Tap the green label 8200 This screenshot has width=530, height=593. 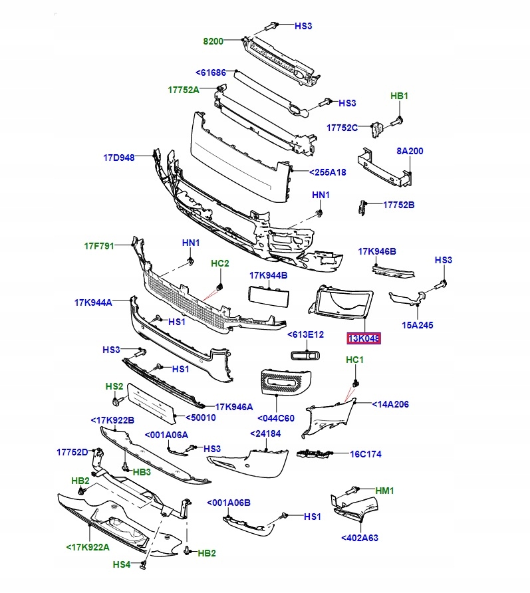213,41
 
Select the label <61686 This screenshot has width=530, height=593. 211,72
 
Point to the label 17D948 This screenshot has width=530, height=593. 119,158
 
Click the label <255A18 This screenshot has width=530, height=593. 328,173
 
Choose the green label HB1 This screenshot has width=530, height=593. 399,96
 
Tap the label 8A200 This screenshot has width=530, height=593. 410,152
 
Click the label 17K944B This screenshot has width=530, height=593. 269,275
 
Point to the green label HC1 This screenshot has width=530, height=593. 355,360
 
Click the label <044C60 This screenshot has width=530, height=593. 275,417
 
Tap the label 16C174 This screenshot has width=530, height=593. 366,455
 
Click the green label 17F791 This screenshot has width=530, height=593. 99,246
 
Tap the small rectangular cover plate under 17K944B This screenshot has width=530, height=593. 269,296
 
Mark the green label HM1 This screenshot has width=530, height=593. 385,491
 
